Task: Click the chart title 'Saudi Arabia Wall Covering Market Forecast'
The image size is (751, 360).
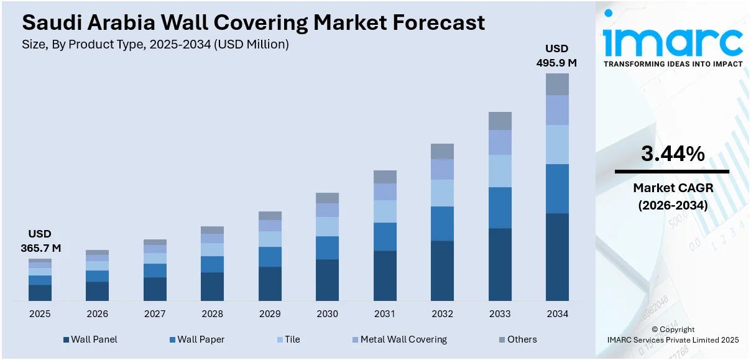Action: click(x=253, y=23)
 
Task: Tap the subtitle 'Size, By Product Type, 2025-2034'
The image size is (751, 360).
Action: click(x=155, y=45)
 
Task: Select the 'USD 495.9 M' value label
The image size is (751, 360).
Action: click(x=556, y=55)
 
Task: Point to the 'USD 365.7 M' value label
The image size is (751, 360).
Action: click(x=40, y=241)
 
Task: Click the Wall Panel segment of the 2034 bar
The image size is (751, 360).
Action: click(x=557, y=257)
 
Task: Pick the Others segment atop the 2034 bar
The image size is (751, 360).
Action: click(x=557, y=84)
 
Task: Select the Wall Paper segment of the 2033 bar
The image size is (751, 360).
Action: click(x=500, y=208)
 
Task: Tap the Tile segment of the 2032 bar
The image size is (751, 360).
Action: click(x=442, y=193)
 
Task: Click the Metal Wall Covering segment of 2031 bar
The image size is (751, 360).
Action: click(x=385, y=192)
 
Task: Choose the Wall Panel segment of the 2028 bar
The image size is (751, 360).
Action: click(x=212, y=287)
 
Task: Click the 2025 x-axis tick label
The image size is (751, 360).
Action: click(x=40, y=314)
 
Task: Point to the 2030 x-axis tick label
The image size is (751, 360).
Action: click(x=327, y=314)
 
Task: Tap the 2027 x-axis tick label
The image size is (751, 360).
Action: click(x=155, y=314)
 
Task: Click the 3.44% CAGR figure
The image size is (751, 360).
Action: click(x=673, y=154)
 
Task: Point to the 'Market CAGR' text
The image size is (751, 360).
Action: click(x=673, y=188)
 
